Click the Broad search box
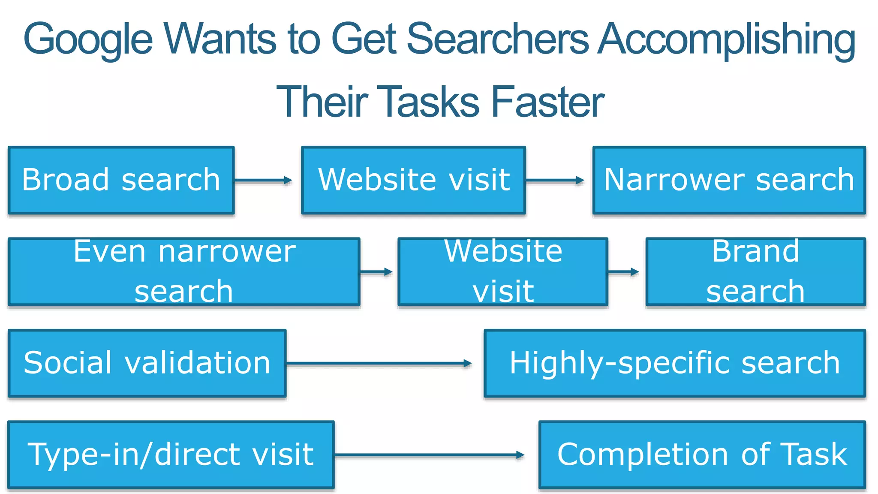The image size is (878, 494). point(121,180)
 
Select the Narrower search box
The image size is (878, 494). point(729,180)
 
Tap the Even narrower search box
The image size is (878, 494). point(184,271)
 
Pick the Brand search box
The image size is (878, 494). point(755,271)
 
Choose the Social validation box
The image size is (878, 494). point(147,363)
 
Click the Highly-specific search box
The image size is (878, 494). point(675,363)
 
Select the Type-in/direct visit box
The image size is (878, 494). point(171,455)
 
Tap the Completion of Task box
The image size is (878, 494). point(702,455)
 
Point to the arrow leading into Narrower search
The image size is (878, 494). point(555,181)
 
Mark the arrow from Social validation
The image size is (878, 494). point(379,364)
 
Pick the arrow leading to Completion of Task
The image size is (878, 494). point(429,455)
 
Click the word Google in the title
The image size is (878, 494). point(88,39)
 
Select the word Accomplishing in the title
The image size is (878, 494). point(726,39)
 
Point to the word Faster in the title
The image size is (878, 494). point(547,102)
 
